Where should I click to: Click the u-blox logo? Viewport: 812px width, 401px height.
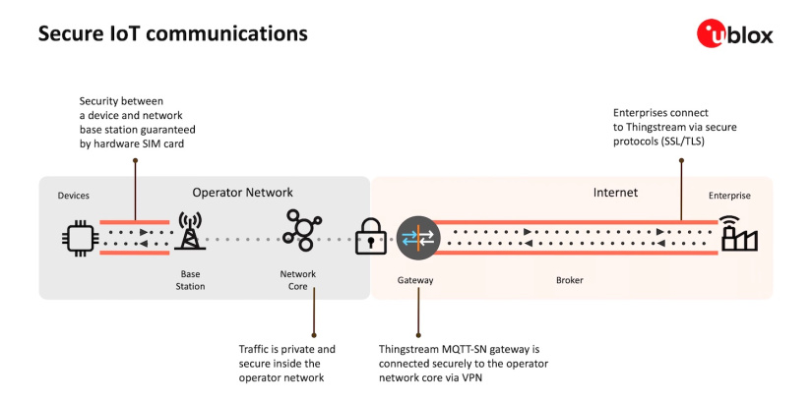pos(734,34)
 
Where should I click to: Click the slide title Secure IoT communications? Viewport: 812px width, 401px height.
pos(172,33)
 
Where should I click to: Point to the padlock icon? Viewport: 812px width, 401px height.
pos(370,236)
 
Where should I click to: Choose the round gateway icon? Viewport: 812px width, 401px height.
pos(413,238)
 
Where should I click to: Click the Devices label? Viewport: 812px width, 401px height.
pos(74,196)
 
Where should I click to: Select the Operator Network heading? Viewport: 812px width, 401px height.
pos(242,193)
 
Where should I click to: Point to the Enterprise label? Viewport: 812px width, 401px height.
pos(728,196)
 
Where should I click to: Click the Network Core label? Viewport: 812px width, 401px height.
pos(298,280)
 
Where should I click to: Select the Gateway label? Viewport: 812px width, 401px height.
pos(415,280)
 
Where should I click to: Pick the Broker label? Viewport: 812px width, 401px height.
pos(569,280)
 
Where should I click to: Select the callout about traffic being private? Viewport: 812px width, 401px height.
pos(287,363)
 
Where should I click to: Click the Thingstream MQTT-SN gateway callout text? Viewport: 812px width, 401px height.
pos(464,363)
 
